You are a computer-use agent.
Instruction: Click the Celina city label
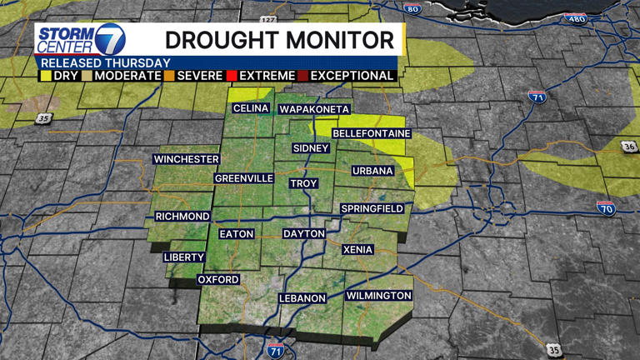click(251, 109)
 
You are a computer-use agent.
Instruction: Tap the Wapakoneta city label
click(314, 109)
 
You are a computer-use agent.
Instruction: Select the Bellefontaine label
click(372, 133)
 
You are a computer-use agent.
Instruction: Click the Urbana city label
click(372, 171)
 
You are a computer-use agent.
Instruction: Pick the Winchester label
click(186, 159)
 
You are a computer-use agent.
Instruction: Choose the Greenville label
click(244, 178)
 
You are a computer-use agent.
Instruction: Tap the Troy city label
click(303, 183)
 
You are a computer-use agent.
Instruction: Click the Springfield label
click(372, 208)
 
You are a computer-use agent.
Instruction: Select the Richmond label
click(182, 217)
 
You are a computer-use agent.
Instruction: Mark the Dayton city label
click(303, 234)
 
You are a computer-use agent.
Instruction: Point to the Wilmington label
click(378, 296)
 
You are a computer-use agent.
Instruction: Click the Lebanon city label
click(302, 298)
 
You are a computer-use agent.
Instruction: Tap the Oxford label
click(218, 280)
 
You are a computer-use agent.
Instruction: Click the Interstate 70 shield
click(606, 207)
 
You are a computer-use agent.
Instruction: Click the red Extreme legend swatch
click(232, 76)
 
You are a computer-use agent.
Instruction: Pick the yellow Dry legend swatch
click(46, 76)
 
